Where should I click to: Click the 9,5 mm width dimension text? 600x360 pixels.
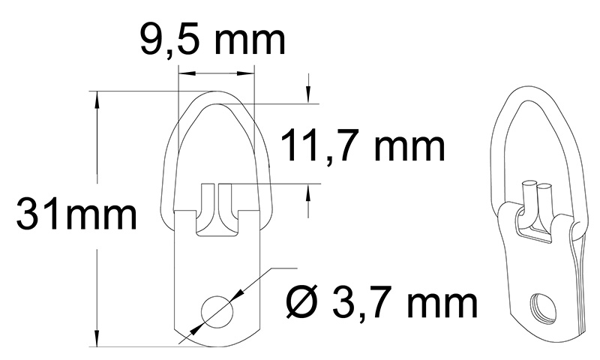213,41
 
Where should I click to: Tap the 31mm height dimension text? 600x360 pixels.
77,217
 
